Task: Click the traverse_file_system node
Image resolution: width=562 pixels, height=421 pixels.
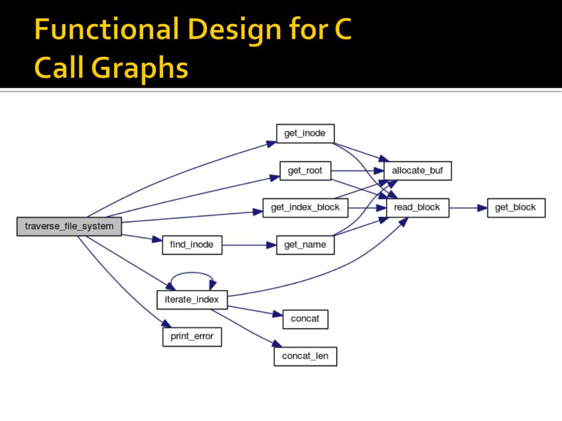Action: [x=69, y=226]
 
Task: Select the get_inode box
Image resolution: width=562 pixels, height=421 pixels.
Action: [x=305, y=134]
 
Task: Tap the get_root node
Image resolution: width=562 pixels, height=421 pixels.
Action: [x=305, y=171]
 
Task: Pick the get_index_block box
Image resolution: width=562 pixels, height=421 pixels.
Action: [x=305, y=208]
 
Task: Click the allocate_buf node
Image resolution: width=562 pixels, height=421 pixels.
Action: [x=417, y=171]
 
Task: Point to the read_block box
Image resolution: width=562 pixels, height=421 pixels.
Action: [x=417, y=208]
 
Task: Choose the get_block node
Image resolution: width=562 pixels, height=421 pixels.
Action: [x=515, y=208]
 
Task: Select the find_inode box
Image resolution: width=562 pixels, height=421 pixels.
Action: [x=192, y=244]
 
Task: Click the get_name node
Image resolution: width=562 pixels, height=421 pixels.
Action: [x=305, y=244]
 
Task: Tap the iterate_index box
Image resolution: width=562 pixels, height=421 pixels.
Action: [x=192, y=299]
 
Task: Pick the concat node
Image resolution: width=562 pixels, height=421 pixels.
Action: [x=305, y=318]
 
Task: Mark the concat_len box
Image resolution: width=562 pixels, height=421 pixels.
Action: [x=305, y=356]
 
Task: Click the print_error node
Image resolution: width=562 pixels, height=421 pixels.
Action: [x=192, y=336]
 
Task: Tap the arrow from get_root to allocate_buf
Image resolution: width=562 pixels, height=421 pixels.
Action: [x=357, y=171]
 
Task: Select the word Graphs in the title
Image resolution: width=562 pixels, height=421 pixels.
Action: [x=140, y=68]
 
